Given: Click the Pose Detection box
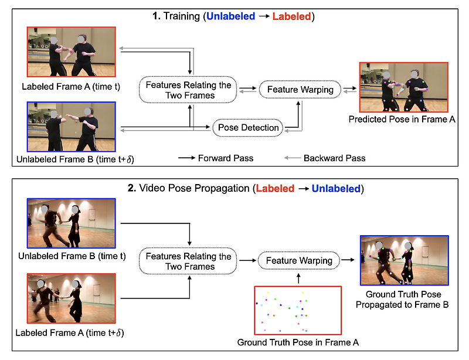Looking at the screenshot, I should (x=249, y=127).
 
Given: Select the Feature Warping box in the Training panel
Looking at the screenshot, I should (x=300, y=90).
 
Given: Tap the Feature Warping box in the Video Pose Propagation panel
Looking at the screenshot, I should (x=300, y=260).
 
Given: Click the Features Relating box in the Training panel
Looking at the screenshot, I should (x=188, y=90).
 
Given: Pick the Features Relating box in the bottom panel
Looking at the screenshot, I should (x=188, y=261).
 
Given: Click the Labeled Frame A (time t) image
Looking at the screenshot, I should (x=72, y=52).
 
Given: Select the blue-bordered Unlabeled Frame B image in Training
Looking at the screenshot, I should (x=72, y=127).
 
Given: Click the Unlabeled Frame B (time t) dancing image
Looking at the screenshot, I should (x=72, y=222).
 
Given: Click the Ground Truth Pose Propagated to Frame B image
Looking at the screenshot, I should (x=404, y=260).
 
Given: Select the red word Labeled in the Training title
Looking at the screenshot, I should (x=291, y=17).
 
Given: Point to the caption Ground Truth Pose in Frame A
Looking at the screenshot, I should (x=297, y=341).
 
